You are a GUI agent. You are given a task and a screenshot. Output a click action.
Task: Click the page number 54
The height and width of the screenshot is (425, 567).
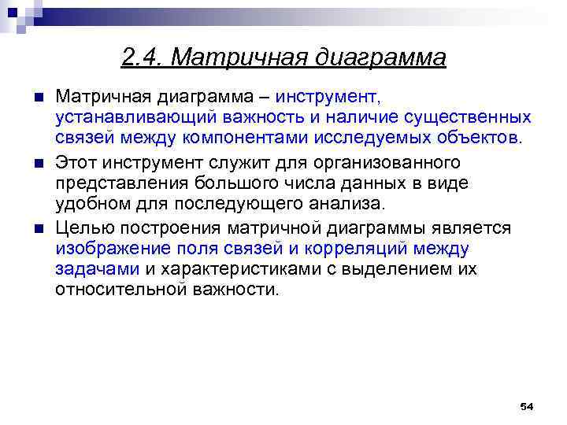click(527, 406)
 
